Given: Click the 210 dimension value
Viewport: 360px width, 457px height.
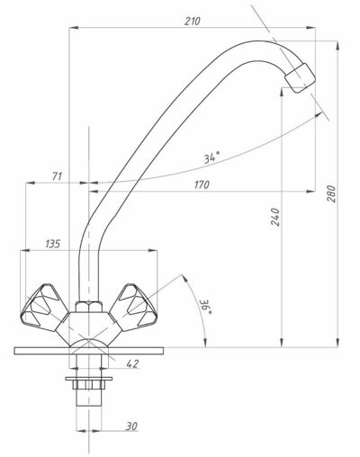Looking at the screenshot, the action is pos(193,22).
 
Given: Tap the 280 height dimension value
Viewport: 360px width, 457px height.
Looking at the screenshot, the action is pos(332,193).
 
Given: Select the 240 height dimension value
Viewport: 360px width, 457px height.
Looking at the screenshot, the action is pos(275,217).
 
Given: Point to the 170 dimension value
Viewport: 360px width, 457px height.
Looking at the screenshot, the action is pos(202,184).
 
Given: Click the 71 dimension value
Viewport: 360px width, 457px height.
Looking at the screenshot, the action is pos(57,176).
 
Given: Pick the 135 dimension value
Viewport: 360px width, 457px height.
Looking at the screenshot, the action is pos(53,244).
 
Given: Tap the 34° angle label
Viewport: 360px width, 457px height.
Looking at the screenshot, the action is pos(211,157).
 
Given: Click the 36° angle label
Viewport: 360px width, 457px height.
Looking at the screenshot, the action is pos(207,307).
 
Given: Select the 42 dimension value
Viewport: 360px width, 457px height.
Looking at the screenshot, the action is pos(132,363).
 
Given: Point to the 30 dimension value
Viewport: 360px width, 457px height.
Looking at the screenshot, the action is pos(131,426).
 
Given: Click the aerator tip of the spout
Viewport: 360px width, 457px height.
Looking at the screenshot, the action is pos(301,77).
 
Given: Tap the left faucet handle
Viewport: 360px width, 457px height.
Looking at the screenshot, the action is pos(44,309).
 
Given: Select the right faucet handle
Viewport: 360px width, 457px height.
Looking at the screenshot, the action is pos(133,308).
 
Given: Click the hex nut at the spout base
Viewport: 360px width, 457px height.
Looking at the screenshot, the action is pos(88,307).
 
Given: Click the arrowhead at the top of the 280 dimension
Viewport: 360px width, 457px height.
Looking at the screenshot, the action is pos(337,45).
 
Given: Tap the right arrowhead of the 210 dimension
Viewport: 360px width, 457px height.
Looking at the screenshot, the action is pos(310,28).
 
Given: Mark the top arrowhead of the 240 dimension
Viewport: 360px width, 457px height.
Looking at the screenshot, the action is pos(282,92).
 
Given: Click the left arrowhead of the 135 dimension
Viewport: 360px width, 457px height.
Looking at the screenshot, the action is pos(24,250).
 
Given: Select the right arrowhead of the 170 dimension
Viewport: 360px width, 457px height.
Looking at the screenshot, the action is pos(310,191).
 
